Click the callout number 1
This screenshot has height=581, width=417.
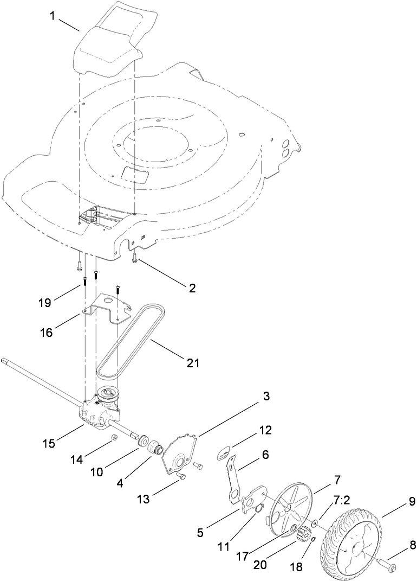(x=53, y=16)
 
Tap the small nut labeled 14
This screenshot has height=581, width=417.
(x=115, y=437)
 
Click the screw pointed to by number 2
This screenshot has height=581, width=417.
(x=134, y=261)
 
